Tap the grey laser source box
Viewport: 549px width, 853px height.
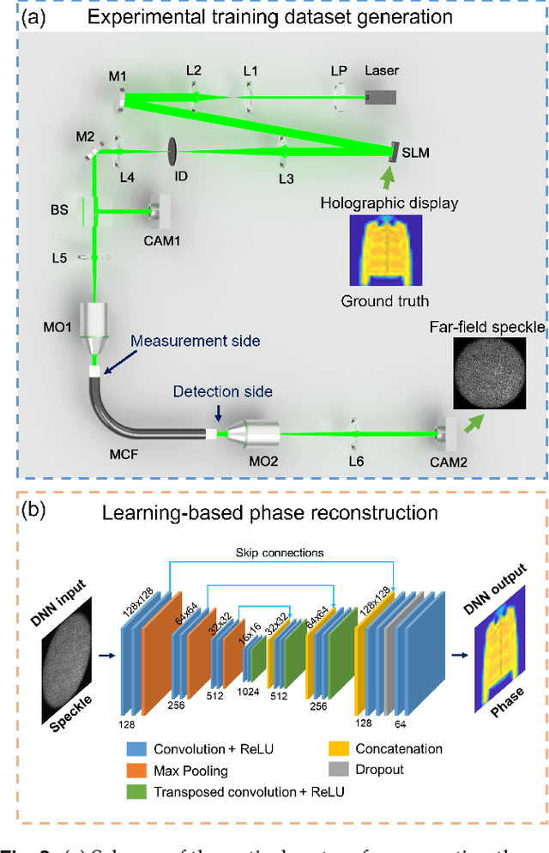click(382, 99)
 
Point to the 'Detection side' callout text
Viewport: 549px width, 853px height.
click(223, 391)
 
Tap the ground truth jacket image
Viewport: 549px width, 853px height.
click(374, 250)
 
